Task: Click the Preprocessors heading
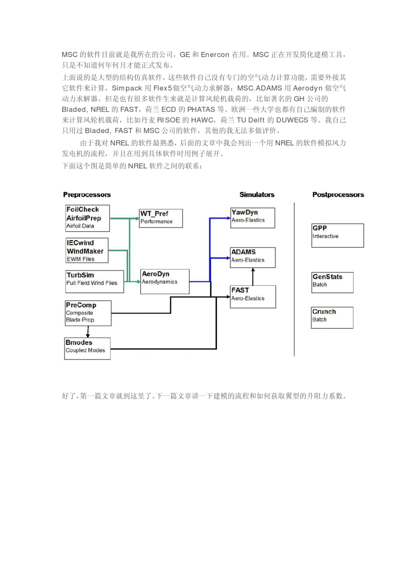coord(87,195)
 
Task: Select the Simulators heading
coord(257,195)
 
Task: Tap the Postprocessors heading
coord(338,195)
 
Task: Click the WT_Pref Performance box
coord(161,218)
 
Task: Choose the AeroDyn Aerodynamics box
coord(165,281)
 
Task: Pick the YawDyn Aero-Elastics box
coord(253,218)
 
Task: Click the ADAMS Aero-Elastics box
coord(253,257)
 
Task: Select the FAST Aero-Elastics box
coord(253,296)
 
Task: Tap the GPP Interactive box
coord(338,235)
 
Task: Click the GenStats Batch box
coord(332,282)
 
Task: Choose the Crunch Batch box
coord(332,317)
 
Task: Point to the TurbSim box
coord(94,281)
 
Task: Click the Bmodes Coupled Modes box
coord(87,348)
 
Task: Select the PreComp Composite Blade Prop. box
coord(88,313)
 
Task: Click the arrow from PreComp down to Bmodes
coord(88,332)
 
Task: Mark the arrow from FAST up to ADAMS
coord(253,277)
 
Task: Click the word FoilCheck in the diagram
coord(82,209)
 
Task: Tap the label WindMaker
coord(85,251)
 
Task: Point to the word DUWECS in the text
coord(292,120)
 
